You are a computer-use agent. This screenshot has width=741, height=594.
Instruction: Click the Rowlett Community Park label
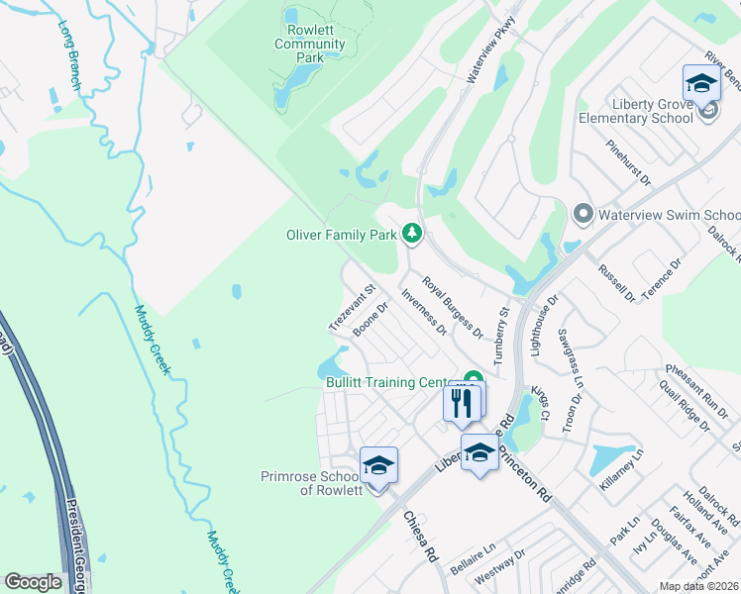click(310, 45)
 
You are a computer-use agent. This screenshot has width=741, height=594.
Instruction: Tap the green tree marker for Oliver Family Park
click(411, 235)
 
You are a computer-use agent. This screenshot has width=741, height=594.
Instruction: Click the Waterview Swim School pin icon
click(582, 214)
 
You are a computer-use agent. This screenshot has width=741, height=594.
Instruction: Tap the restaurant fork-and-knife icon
click(462, 403)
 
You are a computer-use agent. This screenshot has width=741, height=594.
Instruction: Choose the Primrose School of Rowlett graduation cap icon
click(378, 464)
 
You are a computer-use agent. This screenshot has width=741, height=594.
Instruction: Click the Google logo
click(34, 582)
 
